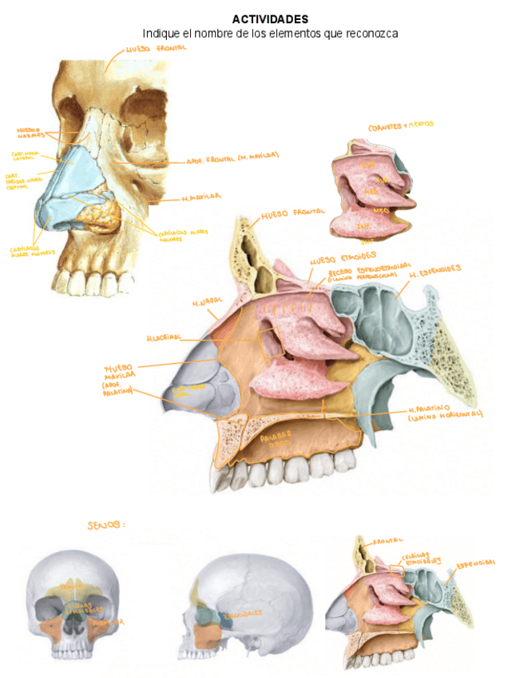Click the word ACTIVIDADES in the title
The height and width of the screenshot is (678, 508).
[270, 18]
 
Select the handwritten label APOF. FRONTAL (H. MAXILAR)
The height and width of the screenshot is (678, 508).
[232, 157]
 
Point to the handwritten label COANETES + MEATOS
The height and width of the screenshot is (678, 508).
[401, 126]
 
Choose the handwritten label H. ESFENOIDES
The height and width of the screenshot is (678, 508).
[435, 271]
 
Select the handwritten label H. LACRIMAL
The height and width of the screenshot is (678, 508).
[165, 337]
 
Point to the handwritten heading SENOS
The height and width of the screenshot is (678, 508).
[105, 525]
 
